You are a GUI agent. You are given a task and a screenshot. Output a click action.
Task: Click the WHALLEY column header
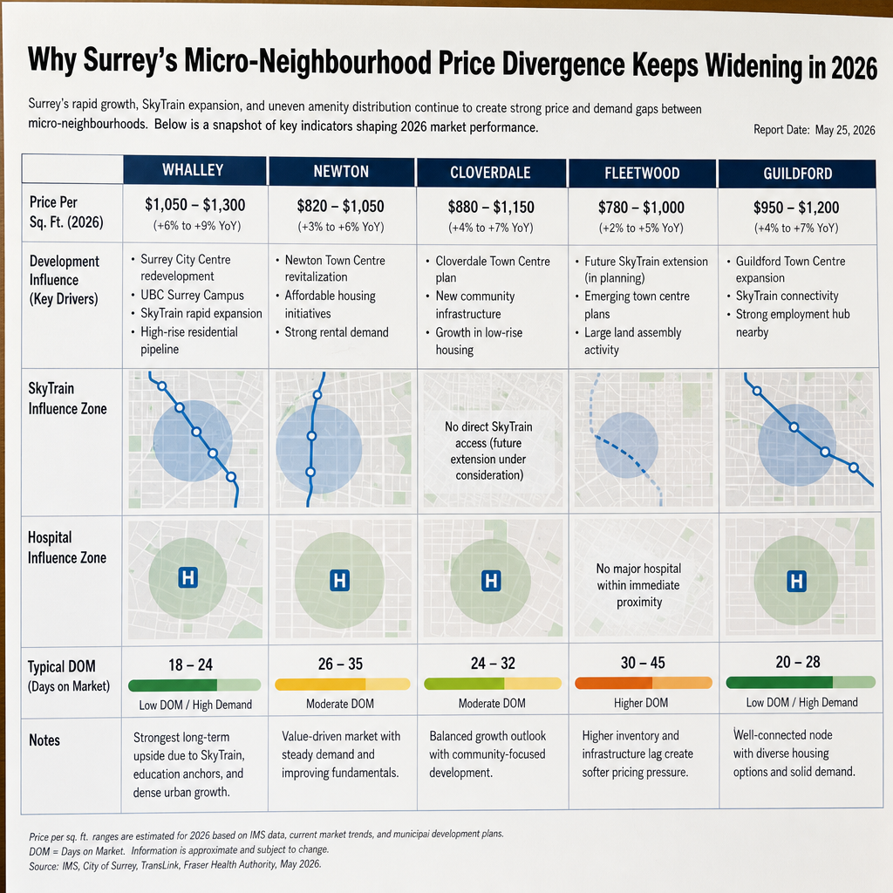tap(193, 170)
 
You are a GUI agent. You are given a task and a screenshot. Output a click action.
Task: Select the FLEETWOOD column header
tap(642, 174)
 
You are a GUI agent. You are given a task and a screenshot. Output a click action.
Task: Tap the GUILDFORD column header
tap(797, 174)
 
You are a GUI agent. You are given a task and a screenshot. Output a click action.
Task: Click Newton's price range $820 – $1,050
tap(341, 206)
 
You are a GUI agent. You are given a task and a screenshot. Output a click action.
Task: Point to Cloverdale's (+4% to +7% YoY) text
tap(491, 228)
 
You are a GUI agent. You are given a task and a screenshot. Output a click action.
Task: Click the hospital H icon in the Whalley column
tap(188, 577)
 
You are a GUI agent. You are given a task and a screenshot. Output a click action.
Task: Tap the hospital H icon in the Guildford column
tap(797, 582)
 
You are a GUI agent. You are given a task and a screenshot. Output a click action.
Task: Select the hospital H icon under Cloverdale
tap(491, 581)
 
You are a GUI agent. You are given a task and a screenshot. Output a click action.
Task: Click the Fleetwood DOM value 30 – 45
tap(643, 663)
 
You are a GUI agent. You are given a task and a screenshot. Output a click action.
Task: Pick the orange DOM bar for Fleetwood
tap(644, 683)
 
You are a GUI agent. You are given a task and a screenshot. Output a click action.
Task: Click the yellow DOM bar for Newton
tap(342, 684)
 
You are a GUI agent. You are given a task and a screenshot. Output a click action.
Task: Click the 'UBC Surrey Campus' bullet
tap(192, 295)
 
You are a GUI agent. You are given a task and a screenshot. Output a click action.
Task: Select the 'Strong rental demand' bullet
tap(336, 332)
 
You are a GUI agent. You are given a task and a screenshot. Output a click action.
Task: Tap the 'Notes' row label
tap(44, 740)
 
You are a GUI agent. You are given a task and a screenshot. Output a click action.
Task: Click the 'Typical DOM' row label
tap(62, 666)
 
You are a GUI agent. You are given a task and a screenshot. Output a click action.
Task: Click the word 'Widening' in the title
tap(754, 65)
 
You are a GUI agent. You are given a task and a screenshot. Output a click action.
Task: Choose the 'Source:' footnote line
tap(175, 865)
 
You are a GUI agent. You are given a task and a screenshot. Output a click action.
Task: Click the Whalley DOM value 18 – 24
tap(190, 665)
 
